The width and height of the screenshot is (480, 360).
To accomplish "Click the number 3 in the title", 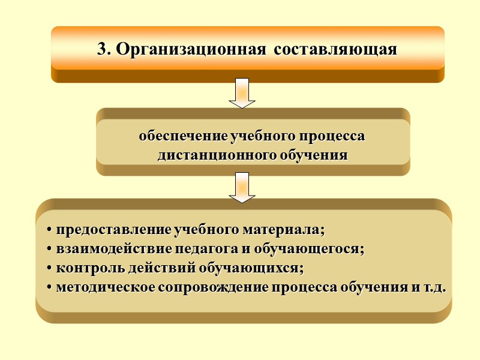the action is point(102,49).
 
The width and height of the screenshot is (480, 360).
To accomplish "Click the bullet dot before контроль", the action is point(49,268).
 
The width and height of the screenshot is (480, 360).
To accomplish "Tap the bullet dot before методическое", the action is point(49,287).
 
